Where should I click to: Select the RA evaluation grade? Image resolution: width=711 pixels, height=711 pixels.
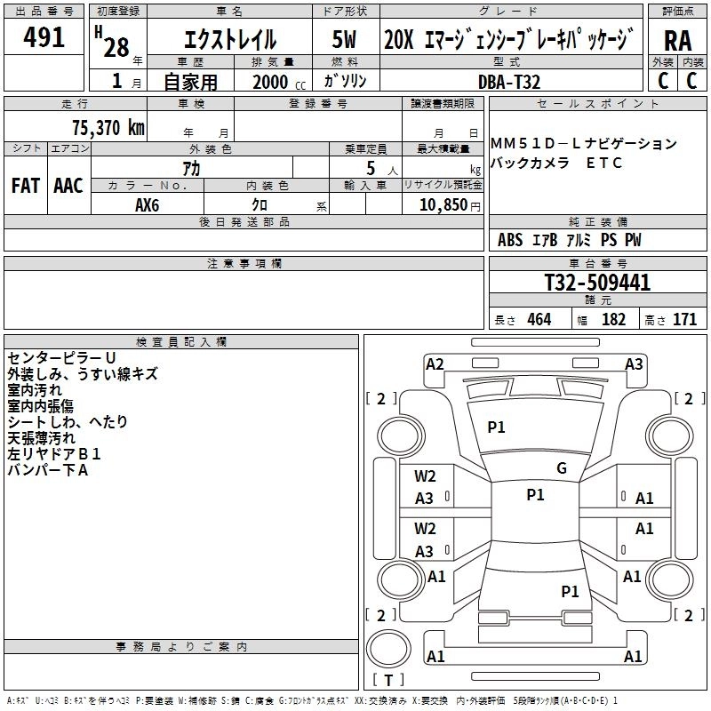click(x=677, y=41)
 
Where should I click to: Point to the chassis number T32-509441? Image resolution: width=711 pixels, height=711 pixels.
click(x=597, y=284)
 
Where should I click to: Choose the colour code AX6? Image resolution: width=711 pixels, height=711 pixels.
click(x=148, y=204)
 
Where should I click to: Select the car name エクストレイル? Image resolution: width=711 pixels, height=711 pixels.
click(x=228, y=41)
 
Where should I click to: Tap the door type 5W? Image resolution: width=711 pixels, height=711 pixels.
click(x=344, y=41)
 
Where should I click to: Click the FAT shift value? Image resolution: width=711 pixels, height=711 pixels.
click(x=25, y=186)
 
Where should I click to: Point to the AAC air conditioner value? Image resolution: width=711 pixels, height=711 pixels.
click(x=68, y=186)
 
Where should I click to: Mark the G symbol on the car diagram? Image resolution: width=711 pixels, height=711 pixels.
click(x=562, y=468)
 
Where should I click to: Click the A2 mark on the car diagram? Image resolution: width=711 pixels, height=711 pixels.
click(x=435, y=363)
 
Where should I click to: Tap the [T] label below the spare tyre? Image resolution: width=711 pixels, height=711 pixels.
click(x=387, y=681)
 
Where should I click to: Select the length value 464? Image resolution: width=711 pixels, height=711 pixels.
click(x=539, y=320)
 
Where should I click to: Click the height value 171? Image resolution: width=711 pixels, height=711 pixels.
click(x=684, y=320)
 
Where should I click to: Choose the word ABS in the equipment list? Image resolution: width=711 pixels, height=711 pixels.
click(x=510, y=240)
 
